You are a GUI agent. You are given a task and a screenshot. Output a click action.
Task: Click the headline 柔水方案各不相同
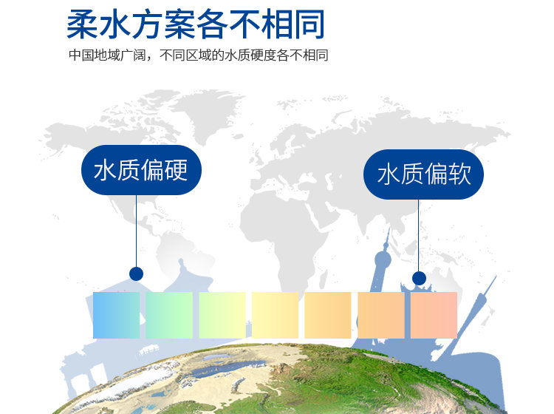click(196, 24)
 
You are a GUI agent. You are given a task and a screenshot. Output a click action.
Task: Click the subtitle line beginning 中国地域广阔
click(199, 55)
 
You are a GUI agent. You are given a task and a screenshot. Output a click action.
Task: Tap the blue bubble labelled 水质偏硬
click(141, 170)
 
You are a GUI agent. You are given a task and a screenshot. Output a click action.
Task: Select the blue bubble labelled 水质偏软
click(423, 174)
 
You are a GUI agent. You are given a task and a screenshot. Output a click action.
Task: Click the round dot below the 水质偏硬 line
click(136, 274)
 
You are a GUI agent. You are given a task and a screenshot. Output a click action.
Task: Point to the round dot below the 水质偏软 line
click(419, 278)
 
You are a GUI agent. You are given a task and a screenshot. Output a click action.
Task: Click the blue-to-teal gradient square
click(116, 315)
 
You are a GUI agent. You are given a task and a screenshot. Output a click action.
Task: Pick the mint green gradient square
click(169, 315)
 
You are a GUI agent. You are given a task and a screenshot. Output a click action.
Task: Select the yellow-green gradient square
click(222, 315)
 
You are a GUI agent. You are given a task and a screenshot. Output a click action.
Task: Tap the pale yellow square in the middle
click(275, 315)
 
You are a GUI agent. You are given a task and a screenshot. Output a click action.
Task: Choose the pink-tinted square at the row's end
click(434, 315)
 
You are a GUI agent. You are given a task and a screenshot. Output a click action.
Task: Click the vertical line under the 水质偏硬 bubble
click(136, 231)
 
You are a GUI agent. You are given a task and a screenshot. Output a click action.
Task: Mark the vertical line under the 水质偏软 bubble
click(419, 235)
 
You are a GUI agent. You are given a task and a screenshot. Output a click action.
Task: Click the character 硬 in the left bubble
click(176, 170)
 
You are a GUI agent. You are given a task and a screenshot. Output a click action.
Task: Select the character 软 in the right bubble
click(459, 174)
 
